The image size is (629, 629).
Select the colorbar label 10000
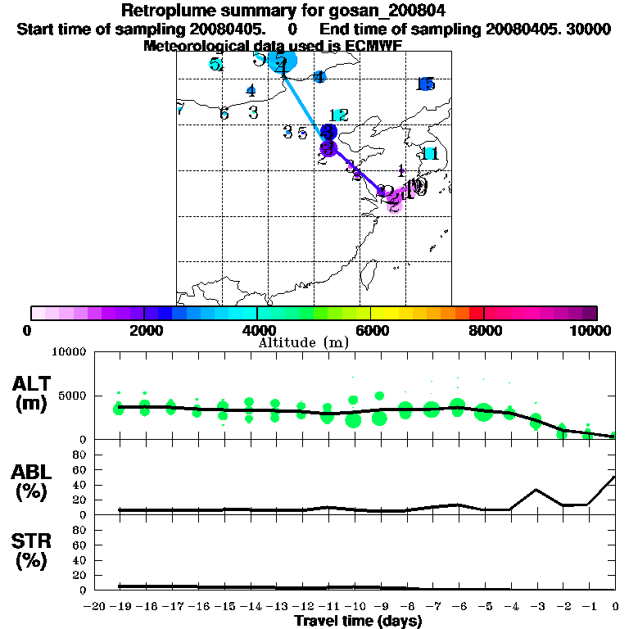point(589,330)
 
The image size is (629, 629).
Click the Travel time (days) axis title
point(358,622)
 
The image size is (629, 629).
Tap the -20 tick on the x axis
point(97,606)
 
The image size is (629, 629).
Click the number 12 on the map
point(339,115)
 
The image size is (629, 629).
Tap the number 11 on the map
point(430,153)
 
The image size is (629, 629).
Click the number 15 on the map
point(425,84)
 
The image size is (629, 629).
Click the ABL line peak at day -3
point(536,490)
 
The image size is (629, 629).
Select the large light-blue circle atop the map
point(283,61)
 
